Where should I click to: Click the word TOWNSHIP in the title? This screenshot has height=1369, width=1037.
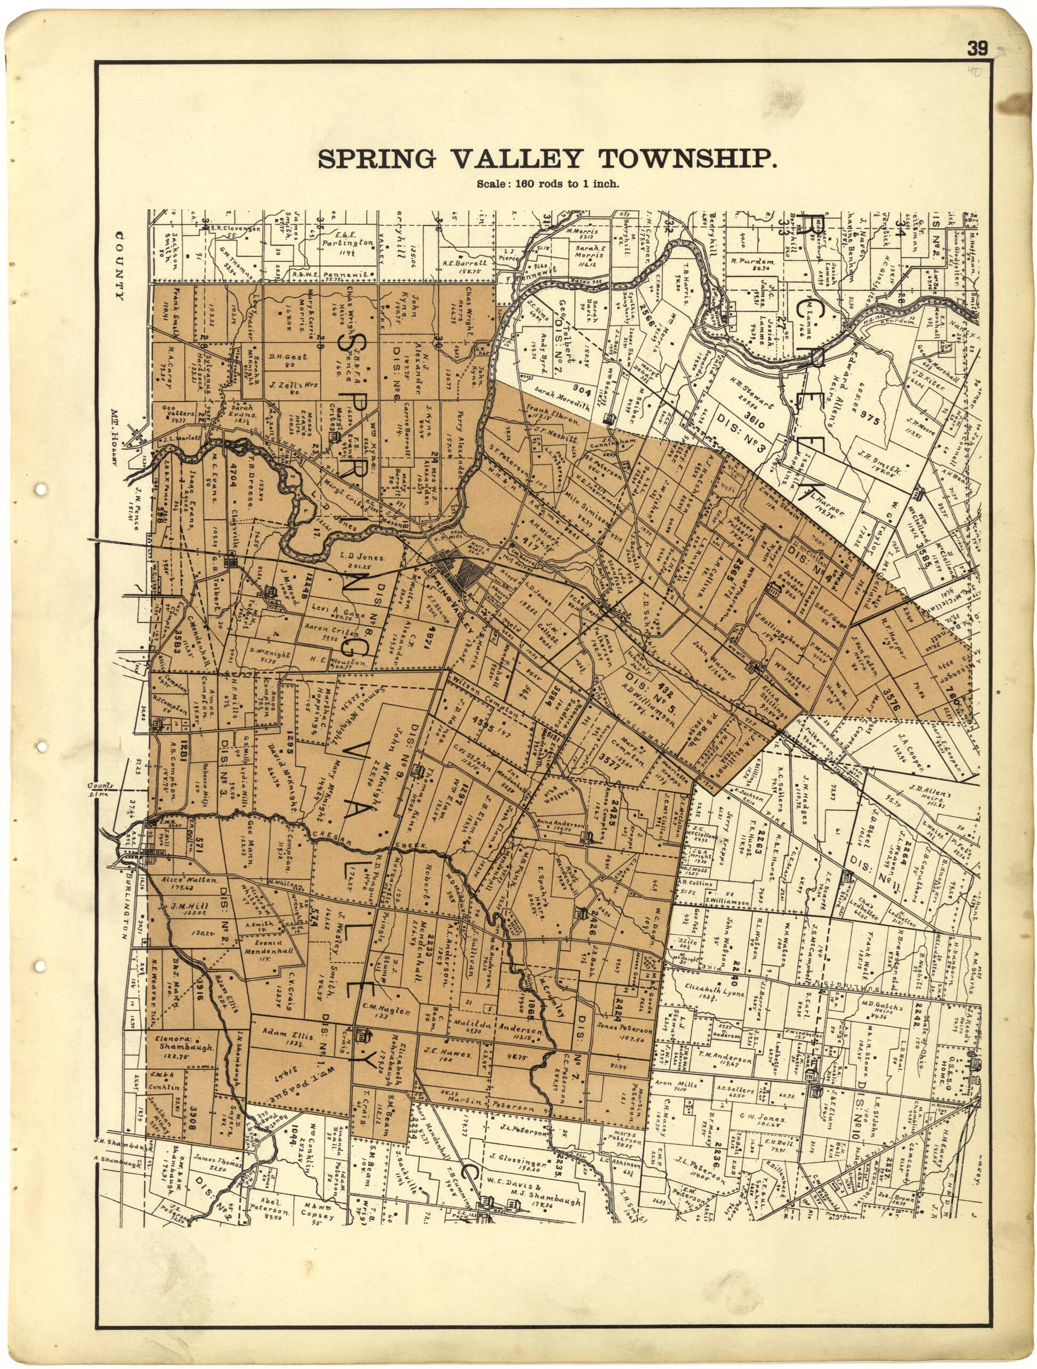click(x=687, y=160)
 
